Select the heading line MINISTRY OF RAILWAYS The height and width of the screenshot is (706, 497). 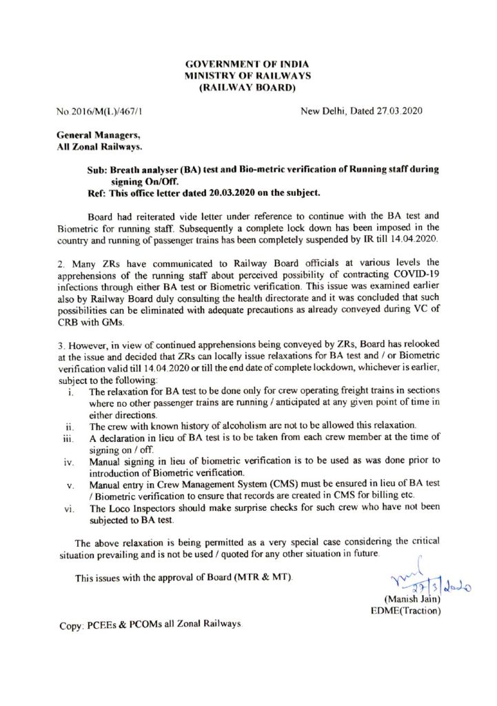tap(247, 75)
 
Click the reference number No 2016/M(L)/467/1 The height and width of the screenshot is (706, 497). tap(100, 111)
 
